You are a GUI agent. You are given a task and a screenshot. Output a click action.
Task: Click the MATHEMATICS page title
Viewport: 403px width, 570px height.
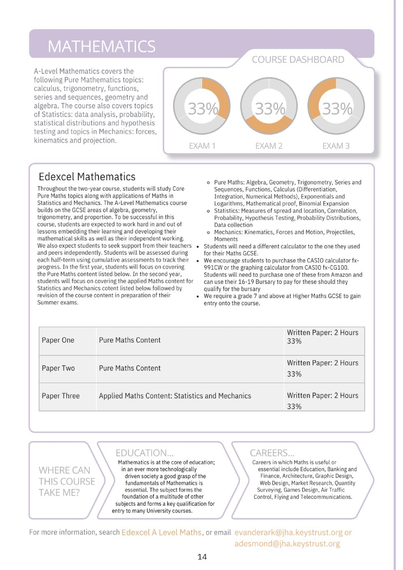102,46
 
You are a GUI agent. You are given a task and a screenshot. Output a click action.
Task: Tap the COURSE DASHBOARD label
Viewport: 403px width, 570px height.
298,60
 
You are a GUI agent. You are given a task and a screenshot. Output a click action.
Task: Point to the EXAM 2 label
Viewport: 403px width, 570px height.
269,146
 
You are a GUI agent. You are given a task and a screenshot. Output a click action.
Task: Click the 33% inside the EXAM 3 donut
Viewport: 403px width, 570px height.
337,109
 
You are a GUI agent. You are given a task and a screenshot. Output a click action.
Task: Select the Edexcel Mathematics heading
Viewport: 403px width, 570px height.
87,177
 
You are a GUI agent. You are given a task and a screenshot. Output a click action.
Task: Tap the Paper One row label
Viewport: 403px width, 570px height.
58,340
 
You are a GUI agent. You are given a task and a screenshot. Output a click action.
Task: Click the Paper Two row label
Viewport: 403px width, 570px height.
58,368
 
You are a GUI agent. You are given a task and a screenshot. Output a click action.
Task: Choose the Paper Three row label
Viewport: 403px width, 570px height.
60,396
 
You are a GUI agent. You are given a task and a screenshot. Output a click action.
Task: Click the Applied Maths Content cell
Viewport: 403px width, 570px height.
175,396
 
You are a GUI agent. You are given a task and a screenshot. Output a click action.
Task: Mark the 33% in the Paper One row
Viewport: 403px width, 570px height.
294,341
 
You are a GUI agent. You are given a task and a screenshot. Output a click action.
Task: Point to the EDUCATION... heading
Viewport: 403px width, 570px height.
144,453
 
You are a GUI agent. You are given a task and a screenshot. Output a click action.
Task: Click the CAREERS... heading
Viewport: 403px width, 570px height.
272,453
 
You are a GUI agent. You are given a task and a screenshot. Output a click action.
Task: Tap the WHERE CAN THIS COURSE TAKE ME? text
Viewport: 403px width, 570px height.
66,481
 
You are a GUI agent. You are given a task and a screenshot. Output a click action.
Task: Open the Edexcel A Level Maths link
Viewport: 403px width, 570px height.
161,532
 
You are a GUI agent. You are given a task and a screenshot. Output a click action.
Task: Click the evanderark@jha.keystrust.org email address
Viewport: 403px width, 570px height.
288,532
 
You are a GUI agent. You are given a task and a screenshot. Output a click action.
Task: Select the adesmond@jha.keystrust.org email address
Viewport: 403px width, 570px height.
287,544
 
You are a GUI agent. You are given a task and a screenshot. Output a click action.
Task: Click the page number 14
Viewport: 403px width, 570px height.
202,557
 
